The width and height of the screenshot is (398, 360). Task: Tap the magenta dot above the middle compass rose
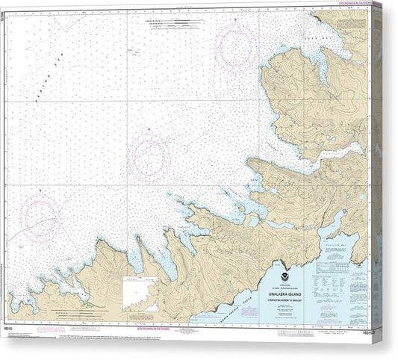click(149, 131)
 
